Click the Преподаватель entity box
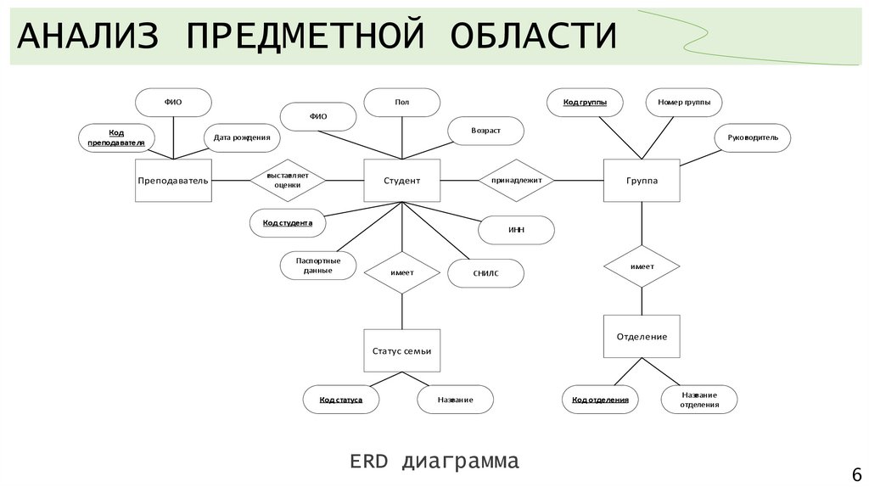coord(173,181)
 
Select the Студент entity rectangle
coord(401,181)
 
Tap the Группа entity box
coord(642,181)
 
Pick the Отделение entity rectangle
coord(642,337)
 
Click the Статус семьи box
coord(401,350)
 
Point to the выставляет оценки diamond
coord(288,180)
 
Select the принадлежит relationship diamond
coord(517,180)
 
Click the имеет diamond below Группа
coord(642,266)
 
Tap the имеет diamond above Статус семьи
coord(401,272)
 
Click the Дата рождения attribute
coord(242,137)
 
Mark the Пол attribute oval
coord(401,103)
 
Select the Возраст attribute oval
coord(485,131)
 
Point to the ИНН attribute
coord(516,230)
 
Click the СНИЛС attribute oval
coord(485,273)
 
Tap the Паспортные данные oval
coord(318,265)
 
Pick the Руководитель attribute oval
coord(753,137)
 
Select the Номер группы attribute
coord(684,103)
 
